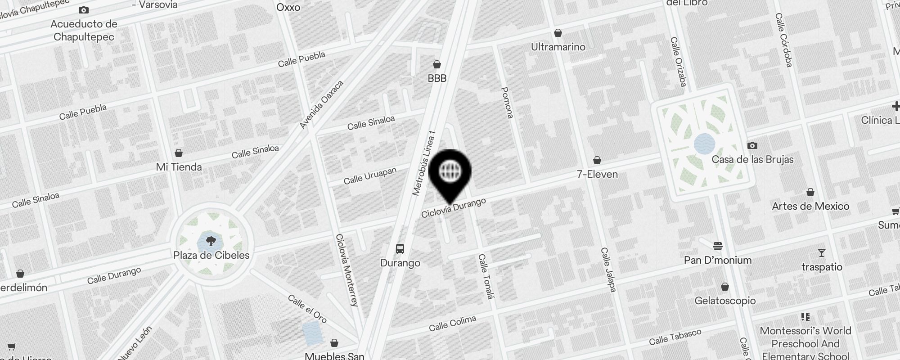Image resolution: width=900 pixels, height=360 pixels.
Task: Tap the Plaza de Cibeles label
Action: coord(211,255)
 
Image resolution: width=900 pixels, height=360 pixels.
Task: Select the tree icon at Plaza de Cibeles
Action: coord(210,242)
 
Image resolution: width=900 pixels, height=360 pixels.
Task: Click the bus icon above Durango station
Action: coord(400,248)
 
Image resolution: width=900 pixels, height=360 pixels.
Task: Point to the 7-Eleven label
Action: coord(597,174)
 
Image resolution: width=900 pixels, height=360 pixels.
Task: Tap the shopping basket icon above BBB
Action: coord(436,64)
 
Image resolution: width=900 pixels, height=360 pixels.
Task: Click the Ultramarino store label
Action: coord(558,47)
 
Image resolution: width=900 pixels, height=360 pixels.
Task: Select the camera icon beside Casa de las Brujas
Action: coord(752,145)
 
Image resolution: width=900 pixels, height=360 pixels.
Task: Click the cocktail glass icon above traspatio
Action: coord(821,253)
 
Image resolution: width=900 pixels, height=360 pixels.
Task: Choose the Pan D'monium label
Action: coord(717,260)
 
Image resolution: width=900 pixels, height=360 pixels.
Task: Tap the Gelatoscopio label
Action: coord(725,301)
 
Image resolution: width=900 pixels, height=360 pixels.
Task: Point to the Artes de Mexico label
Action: coord(810,206)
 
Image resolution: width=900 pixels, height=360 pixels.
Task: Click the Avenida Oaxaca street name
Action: coord(321,105)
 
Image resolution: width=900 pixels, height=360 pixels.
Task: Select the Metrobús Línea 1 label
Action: coord(424,163)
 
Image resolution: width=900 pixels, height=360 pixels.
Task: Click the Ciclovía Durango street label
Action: coord(454,208)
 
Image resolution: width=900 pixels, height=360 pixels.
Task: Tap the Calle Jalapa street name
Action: coord(608,270)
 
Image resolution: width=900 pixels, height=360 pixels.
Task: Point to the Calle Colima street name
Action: coord(452,324)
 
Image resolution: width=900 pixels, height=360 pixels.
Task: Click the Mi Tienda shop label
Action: coord(179,167)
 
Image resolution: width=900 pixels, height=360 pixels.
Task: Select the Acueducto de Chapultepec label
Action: coord(84,31)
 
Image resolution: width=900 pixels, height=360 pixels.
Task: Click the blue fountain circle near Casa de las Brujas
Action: coord(704,144)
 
